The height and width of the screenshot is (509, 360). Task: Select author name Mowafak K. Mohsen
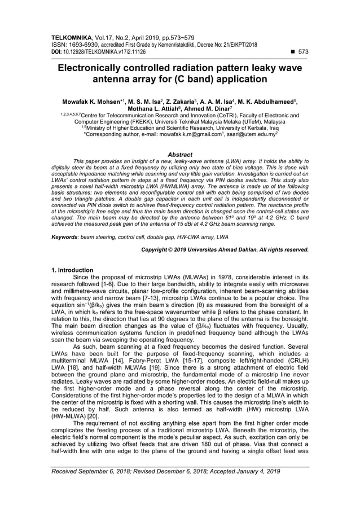(96, 101)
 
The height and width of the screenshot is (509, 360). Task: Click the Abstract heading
(180, 155)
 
